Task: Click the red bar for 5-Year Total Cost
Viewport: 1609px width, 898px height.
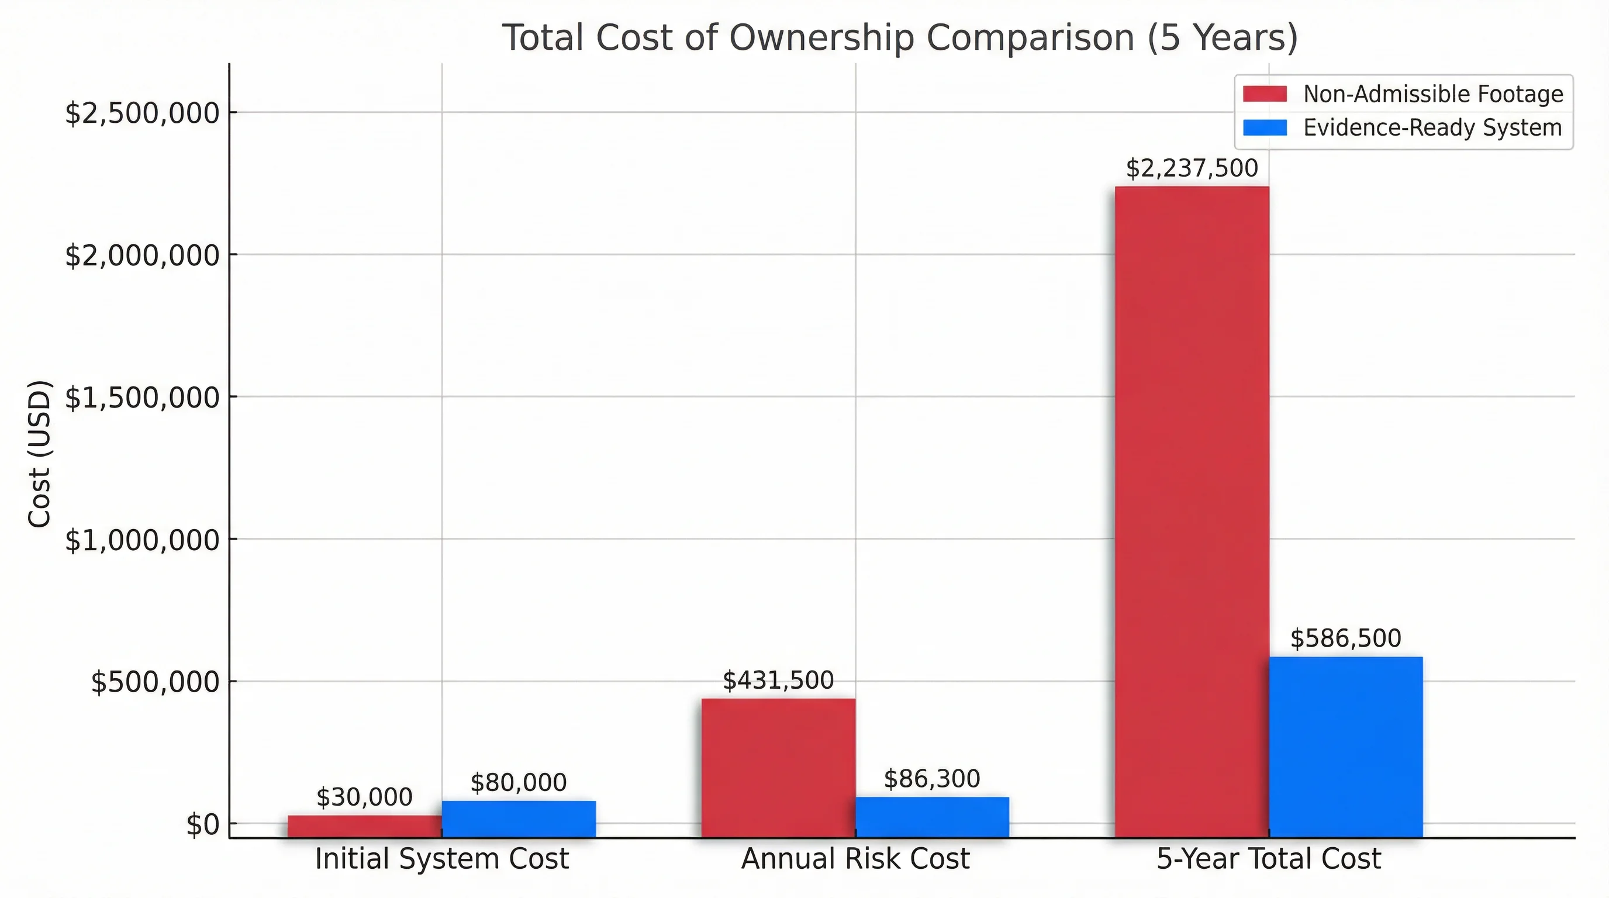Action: coord(1192,512)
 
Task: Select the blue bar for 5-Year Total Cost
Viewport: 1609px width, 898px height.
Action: coord(1345,747)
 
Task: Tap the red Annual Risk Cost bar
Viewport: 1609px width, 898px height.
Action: coord(778,768)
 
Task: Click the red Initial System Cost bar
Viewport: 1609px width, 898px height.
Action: coord(365,826)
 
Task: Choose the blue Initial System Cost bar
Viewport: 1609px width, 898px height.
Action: coord(519,818)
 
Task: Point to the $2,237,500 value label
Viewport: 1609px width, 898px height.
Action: coord(1192,168)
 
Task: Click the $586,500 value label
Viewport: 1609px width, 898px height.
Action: coord(1345,638)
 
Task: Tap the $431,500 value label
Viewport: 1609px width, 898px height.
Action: coord(778,680)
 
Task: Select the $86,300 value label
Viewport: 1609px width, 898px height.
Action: coord(932,779)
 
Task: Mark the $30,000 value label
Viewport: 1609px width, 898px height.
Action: coord(365,797)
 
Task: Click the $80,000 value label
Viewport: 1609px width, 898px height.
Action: coord(519,782)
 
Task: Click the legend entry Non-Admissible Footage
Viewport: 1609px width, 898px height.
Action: coord(1433,94)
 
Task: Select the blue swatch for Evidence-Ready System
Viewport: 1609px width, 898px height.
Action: coord(1265,128)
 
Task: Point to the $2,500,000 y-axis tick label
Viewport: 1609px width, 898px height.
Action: coord(143,113)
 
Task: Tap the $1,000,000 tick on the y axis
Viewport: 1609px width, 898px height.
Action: coord(143,540)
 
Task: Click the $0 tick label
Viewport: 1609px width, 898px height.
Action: coord(203,825)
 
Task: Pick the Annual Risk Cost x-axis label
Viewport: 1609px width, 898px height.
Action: coord(855,859)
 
